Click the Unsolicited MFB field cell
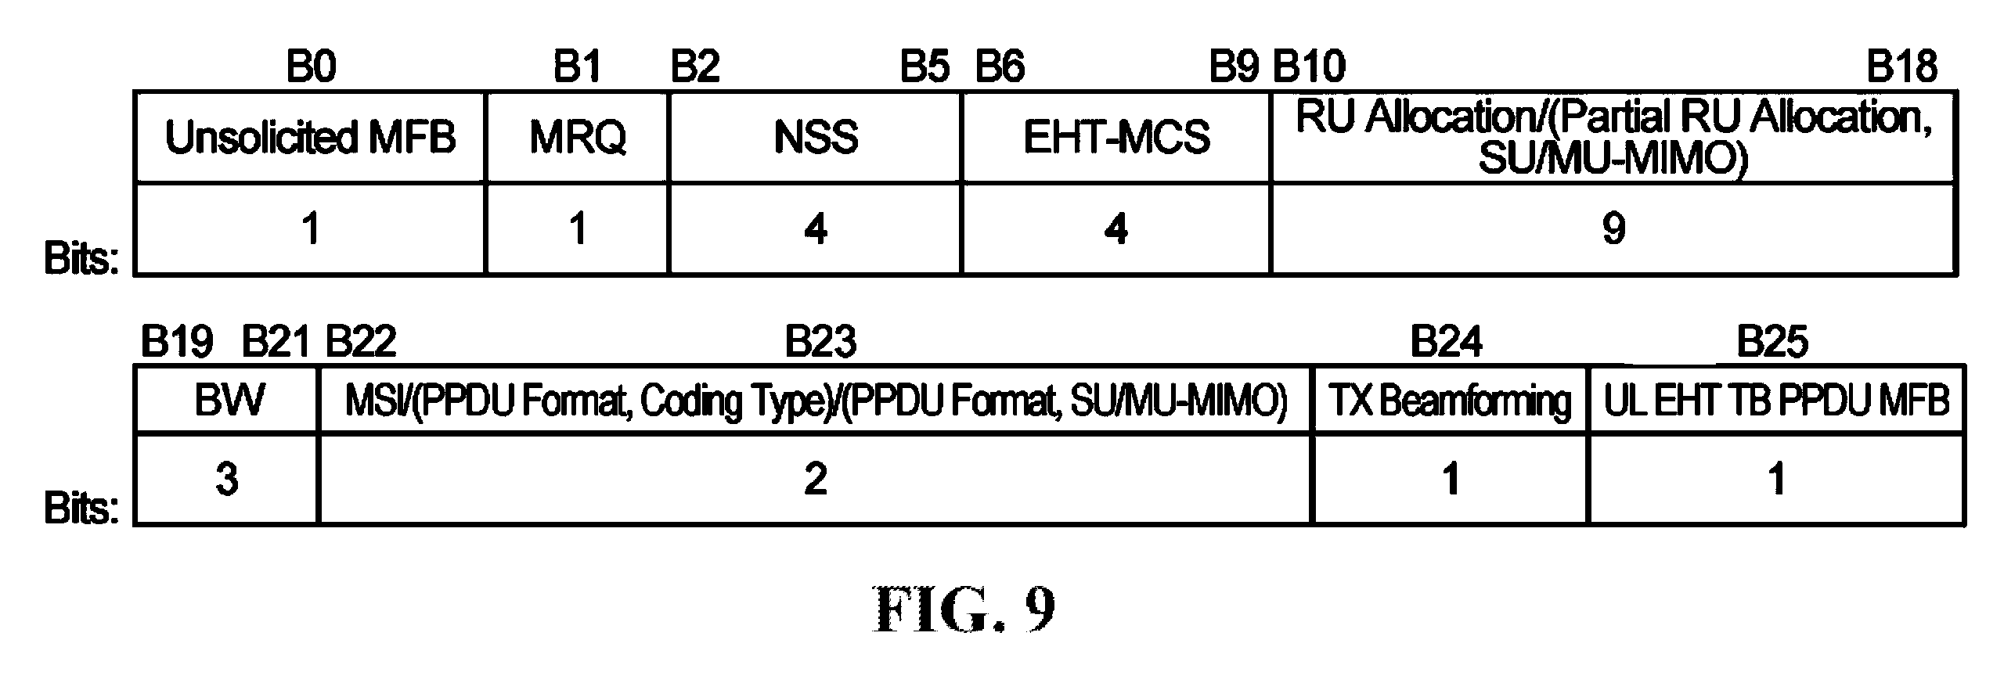pyautogui.click(x=310, y=138)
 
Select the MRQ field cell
pyautogui.click(x=577, y=138)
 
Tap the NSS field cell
pyautogui.click(x=815, y=138)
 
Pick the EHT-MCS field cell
pyautogui.click(x=1116, y=138)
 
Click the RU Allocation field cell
pyautogui.click(x=1613, y=138)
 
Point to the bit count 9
pyautogui.click(x=1613, y=228)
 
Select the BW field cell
pyautogui.click(x=227, y=401)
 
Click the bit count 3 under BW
pyautogui.click(x=227, y=479)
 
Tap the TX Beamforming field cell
pyautogui.click(x=1451, y=401)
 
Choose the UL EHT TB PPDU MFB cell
pyautogui.click(x=1776, y=401)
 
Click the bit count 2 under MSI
pyautogui.click(x=815, y=479)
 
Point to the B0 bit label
pyautogui.click(x=311, y=67)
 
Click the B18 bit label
pyautogui.click(x=1901, y=67)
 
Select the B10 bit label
pyautogui.click(x=1309, y=67)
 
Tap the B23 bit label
pyautogui.click(x=820, y=342)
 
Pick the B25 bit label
pyautogui.click(x=1772, y=342)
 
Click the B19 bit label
pyautogui.click(x=176, y=342)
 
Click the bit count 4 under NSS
pyautogui.click(x=815, y=229)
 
